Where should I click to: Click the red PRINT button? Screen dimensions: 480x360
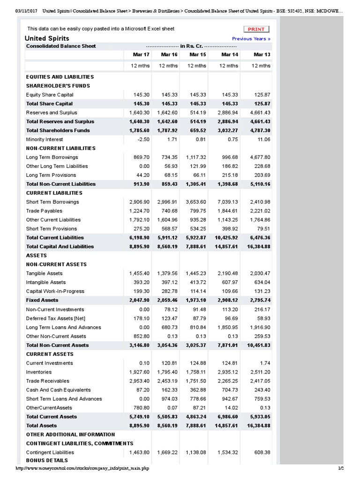pyautogui.click(x=256, y=29)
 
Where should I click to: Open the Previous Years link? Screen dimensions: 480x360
pyautogui.click(x=251, y=39)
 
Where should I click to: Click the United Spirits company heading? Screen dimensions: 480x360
pyautogui.click(x=47, y=38)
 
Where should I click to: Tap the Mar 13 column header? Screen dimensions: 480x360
pyautogui.click(x=262, y=55)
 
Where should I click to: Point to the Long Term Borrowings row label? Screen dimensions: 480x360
pyautogui.click(x=52, y=157)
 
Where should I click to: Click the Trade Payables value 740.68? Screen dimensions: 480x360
pyautogui.click(x=169, y=211)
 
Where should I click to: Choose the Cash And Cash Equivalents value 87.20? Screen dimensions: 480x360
pyautogui.click(x=142, y=390)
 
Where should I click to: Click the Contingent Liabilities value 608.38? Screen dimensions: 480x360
pyautogui.click(x=262, y=453)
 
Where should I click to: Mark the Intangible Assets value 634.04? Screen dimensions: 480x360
pyautogui.click(x=262, y=283)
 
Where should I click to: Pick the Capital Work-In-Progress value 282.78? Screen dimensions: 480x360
pyautogui.click(x=169, y=292)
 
